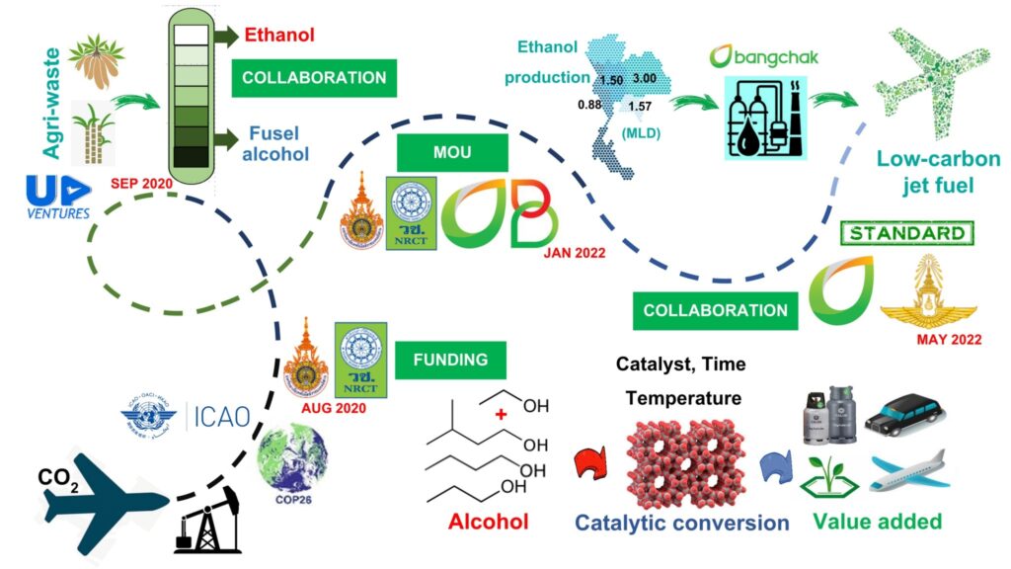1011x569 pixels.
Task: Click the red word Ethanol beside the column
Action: (x=280, y=36)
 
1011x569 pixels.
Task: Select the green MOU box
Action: (x=452, y=154)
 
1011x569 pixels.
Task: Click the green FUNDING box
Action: (x=452, y=360)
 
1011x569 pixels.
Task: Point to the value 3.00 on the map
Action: (x=645, y=77)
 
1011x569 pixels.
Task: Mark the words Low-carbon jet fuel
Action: (x=937, y=170)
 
